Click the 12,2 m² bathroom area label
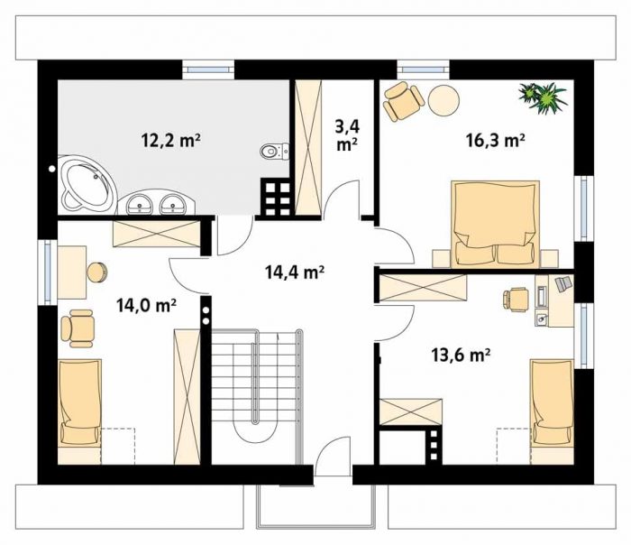[170, 140]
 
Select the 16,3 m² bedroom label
[495, 140]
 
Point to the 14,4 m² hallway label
[295, 272]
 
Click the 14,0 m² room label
[146, 305]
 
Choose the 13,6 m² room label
[461, 356]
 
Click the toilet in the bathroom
[275, 152]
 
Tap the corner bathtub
[87, 184]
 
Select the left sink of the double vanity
[140, 204]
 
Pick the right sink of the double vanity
[173, 204]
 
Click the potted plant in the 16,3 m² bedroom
[544, 97]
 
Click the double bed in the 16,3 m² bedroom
[496, 224]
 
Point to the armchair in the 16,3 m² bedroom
[404, 101]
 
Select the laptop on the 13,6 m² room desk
[563, 283]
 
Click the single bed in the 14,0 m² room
[79, 402]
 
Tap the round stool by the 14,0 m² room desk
[97, 272]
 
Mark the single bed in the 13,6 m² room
[552, 402]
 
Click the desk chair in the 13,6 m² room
[516, 300]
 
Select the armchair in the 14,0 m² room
[78, 328]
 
